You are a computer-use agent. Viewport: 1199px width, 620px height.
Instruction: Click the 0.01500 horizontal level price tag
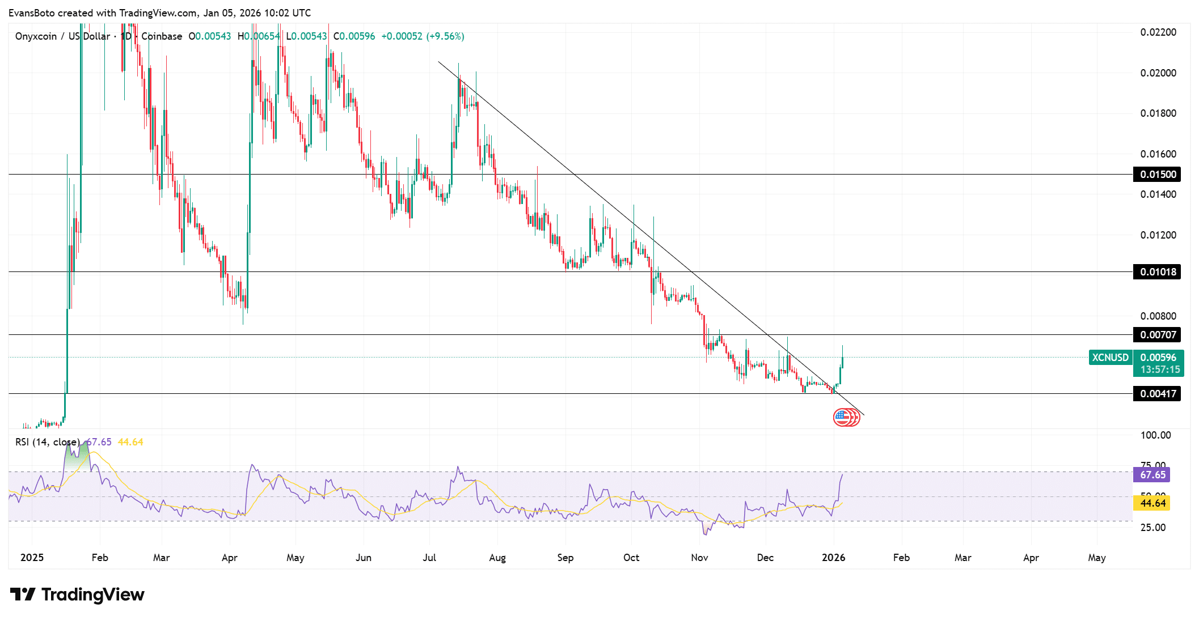(1157, 175)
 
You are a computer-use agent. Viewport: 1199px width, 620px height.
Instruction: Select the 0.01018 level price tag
(1157, 272)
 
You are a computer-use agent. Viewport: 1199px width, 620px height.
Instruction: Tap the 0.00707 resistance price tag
(1157, 335)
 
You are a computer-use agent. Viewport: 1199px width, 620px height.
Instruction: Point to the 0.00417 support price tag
(1157, 394)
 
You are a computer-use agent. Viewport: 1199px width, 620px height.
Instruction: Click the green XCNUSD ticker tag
(1110, 358)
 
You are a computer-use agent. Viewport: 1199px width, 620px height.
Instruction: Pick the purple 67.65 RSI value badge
(1152, 475)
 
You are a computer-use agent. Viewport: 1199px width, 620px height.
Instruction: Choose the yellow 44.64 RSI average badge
(1152, 503)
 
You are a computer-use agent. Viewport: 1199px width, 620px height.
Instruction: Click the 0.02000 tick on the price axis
(1158, 73)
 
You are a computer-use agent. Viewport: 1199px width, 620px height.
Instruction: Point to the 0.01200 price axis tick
(1158, 235)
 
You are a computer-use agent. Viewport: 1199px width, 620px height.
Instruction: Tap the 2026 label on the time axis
(833, 558)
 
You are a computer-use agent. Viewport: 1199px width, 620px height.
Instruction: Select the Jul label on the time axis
(429, 558)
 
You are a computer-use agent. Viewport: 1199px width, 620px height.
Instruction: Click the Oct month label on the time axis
(631, 558)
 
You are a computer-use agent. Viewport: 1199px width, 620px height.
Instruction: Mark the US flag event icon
(843, 418)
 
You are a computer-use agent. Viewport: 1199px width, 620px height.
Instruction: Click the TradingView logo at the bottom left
(78, 594)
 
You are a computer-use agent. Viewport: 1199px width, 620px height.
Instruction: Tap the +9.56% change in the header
(446, 36)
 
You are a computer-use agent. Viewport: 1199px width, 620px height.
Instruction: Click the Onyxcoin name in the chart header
(36, 36)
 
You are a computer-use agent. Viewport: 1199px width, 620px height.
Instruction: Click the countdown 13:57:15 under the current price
(1160, 370)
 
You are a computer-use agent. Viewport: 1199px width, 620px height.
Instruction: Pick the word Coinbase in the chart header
(162, 36)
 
